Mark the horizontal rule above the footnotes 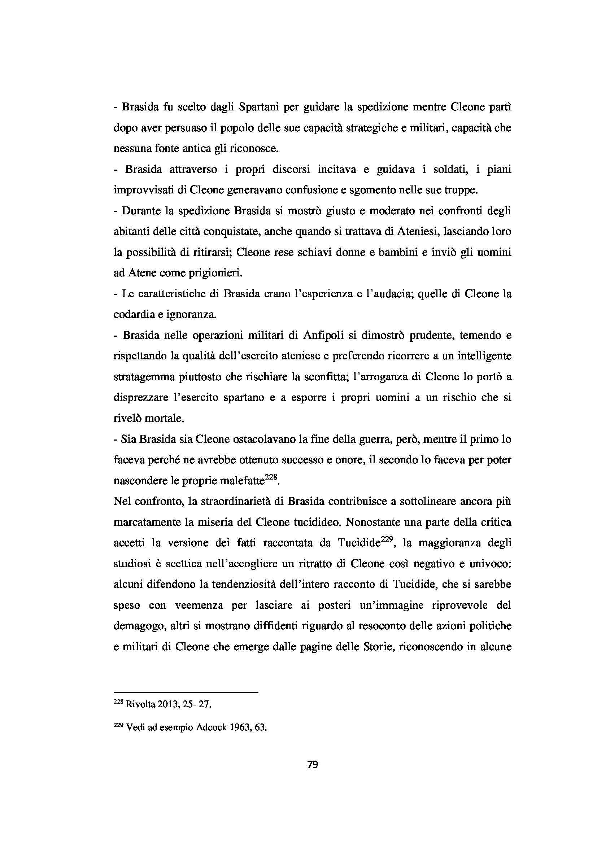click(x=186, y=693)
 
